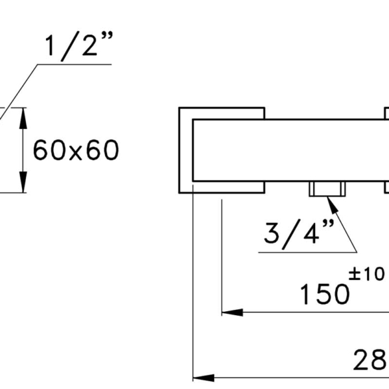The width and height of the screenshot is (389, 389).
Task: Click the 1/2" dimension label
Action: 79,46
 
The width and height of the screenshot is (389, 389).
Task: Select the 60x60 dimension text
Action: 76,150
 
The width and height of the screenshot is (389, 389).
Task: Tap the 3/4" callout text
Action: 300,234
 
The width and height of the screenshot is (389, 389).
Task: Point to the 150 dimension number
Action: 325,294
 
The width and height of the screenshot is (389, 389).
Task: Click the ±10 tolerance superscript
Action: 367,274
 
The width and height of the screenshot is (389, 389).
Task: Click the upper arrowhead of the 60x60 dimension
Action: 23,119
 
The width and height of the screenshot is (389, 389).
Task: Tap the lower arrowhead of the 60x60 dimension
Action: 23,182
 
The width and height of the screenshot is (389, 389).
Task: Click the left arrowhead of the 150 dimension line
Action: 232,312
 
